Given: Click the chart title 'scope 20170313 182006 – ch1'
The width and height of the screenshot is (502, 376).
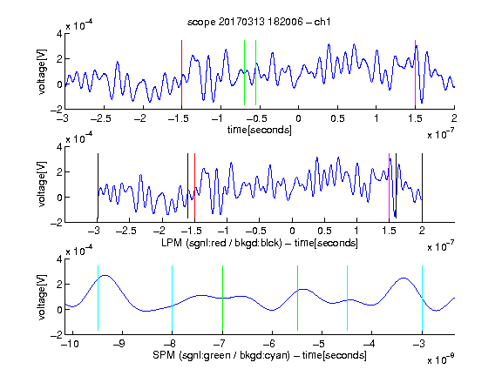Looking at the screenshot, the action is (259, 22).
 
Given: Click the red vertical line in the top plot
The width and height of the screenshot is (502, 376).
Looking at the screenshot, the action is (181, 73).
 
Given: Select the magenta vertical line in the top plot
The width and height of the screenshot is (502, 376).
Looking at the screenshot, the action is (415, 73).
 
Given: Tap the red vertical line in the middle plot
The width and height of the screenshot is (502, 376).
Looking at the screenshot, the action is (194, 186).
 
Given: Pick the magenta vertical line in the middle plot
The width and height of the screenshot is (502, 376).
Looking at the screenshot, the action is (389, 186).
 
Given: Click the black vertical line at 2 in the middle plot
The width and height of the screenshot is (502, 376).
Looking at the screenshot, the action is (422, 186).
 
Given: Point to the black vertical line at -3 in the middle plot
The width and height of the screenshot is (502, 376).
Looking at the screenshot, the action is (98, 186).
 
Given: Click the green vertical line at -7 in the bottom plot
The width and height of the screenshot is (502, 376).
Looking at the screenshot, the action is (222, 298).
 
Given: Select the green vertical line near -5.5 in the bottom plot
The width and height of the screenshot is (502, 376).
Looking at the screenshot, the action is (297, 298).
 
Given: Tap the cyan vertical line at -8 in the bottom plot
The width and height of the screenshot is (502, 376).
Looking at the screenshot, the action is (172, 298).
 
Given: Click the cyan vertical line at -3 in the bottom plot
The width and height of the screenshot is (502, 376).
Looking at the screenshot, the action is (422, 298).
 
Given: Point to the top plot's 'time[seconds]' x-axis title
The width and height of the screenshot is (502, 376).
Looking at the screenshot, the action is (260, 130).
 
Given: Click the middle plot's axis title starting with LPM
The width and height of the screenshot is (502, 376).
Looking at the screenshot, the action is (260, 243).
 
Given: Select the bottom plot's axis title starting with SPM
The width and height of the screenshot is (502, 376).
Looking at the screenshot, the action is (260, 355).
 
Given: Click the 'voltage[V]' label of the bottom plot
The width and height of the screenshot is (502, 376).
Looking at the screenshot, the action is (41, 297).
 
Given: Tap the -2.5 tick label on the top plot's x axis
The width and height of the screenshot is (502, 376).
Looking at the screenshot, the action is (101, 118).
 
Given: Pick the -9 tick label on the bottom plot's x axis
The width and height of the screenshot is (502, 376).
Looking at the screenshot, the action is (119, 344).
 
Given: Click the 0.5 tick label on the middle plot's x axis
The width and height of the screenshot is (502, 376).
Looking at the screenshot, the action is (324, 231).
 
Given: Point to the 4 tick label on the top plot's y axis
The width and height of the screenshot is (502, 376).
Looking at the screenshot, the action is (59, 34).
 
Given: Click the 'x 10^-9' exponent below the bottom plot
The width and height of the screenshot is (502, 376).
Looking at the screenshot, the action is (441, 359).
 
